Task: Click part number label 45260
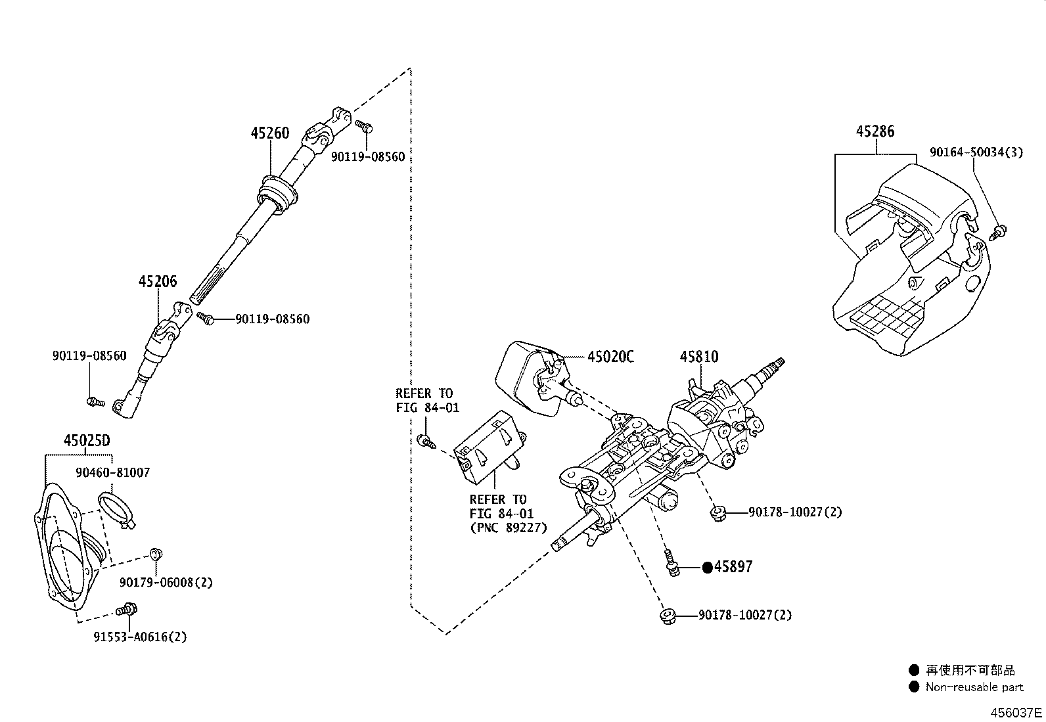269,133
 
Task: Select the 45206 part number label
157,282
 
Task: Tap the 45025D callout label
87,441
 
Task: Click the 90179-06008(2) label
166,582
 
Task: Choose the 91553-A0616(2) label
140,637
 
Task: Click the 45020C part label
610,357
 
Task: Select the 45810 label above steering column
699,357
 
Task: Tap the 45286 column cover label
875,131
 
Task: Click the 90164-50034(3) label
976,152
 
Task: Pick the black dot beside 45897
707,568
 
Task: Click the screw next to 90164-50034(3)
999,231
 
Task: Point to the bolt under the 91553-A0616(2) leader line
125,610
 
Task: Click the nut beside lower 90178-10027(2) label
668,616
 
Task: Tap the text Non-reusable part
974,687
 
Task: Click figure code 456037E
1016,712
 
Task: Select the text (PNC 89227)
508,528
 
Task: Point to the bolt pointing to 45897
671,564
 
